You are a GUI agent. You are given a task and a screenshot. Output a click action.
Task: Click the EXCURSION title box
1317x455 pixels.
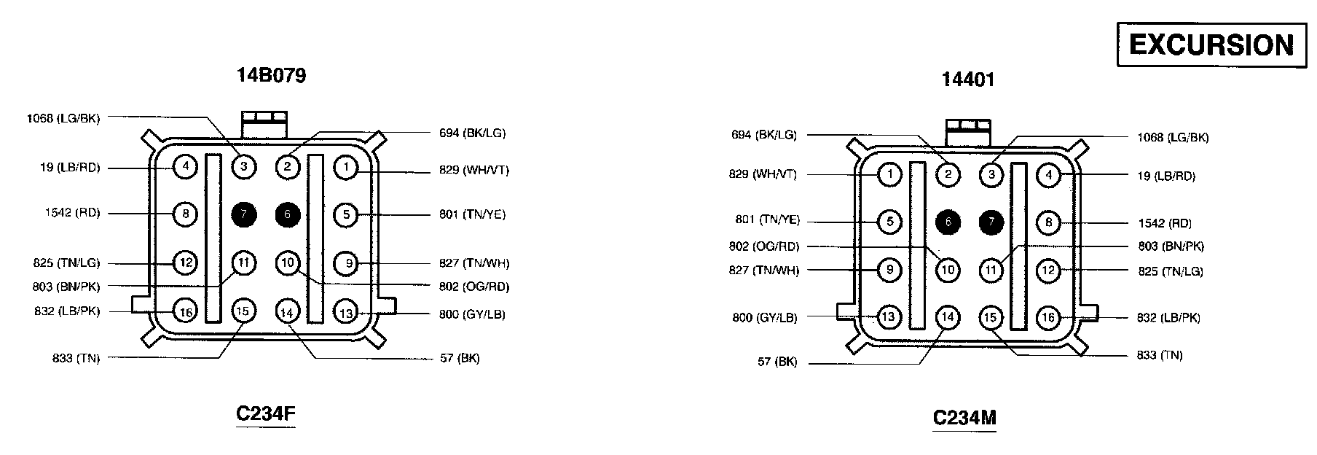tap(1211, 45)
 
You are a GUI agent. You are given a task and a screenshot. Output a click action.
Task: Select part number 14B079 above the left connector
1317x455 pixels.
tap(271, 75)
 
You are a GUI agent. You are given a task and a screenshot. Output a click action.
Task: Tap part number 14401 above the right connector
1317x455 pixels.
tap(967, 79)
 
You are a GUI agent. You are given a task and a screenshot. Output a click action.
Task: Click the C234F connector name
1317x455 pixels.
tap(265, 413)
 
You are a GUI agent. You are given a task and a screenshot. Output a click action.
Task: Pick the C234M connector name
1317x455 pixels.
tap(964, 418)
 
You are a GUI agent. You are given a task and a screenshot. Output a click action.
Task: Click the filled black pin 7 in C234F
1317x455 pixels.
tap(243, 214)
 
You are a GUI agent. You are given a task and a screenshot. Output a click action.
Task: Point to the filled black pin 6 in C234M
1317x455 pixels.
tap(947, 222)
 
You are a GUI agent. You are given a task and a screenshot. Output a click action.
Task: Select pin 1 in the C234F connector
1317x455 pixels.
tap(346, 167)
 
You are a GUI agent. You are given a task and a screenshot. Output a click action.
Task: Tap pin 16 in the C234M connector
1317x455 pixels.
tap(1048, 317)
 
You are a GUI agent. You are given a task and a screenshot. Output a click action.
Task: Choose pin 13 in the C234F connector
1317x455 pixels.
tap(346, 314)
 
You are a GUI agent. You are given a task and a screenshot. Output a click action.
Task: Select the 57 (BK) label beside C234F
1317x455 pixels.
tap(460, 358)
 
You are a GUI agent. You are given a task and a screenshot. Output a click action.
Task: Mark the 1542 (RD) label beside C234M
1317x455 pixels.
tap(1164, 223)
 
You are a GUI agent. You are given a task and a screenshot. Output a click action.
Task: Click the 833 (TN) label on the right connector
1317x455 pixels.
tap(1160, 355)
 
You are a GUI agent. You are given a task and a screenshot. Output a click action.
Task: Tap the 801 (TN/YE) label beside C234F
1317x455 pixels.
tap(472, 214)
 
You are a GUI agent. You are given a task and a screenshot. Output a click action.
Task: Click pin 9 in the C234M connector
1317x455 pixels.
tap(889, 271)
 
